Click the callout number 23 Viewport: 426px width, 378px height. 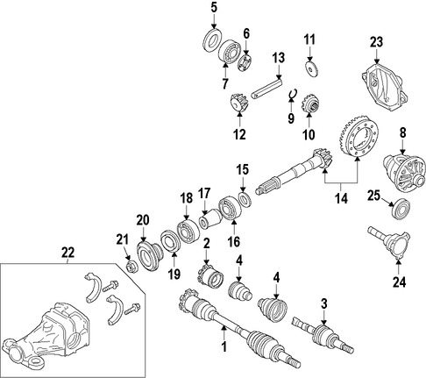tap(377, 42)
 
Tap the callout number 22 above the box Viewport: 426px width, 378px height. tap(67, 253)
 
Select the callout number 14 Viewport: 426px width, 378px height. tap(341, 198)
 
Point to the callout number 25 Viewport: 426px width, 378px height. tap(373, 196)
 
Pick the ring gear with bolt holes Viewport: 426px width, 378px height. tap(359, 139)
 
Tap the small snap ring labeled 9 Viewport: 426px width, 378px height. tap(293, 94)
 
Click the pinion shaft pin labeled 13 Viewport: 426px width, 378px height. tap(266, 89)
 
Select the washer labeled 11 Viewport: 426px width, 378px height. tap(311, 68)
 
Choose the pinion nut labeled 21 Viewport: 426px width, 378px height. tap(131, 267)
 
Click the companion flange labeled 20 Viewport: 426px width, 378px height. tap(148, 255)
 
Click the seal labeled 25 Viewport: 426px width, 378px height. tap(401, 209)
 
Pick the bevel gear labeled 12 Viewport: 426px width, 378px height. tap(239, 102)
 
